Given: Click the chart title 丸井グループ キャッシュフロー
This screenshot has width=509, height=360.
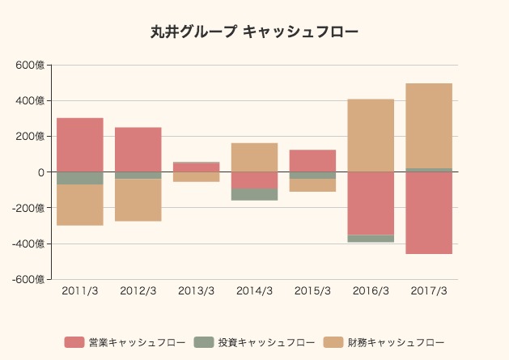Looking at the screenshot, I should [254, 32].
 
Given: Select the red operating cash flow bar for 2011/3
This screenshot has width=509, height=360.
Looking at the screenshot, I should [80, 145].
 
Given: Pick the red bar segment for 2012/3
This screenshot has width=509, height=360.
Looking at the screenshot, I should [138, 150].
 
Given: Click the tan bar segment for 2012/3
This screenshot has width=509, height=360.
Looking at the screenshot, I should [138, 200].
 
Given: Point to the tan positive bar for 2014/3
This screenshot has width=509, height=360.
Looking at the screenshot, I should [254, 157].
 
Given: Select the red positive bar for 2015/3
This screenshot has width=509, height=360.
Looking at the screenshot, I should [312, 160].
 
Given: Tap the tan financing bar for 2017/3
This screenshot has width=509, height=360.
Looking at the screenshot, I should [429, 125].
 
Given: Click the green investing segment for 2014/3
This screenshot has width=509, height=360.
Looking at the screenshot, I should [254, 194].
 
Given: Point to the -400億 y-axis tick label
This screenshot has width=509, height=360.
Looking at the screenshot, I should [29, 244].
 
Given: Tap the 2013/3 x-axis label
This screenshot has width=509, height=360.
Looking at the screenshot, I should [197, 291].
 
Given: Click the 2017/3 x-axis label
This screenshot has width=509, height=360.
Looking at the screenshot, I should [429, 291].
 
